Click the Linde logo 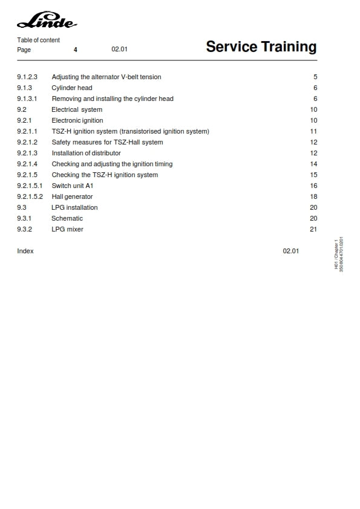click(x=47, y=22)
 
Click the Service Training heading click(x=261, y=47)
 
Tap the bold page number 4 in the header click(x=76, y=50)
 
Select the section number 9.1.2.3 click(x=27, y=77)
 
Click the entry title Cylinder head click(x=72, y=88)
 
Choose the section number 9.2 click(x=22, y=110)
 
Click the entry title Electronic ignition click(x=77, y=121)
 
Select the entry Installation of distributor click(x=86, y=154)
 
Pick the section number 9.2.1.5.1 click(x=30, y=186)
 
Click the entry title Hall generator click(x=72, y=197)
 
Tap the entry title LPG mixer click(x=67, y=230)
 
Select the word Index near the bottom click(x=25, y=251)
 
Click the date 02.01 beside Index click(x=290, y=251)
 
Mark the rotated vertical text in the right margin click(x=339, y=254)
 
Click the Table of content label click(x=38, y=41)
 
